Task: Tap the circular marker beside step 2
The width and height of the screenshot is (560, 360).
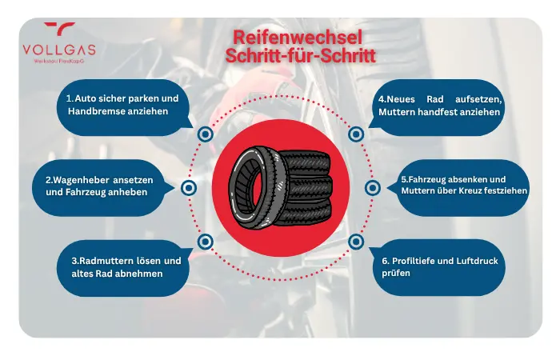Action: coord(190,188)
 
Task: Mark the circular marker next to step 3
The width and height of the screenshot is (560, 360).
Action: coord(205,241)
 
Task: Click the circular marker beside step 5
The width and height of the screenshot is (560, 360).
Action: coord(372,188)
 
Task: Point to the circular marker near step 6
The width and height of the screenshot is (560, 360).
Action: coord(357,241)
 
